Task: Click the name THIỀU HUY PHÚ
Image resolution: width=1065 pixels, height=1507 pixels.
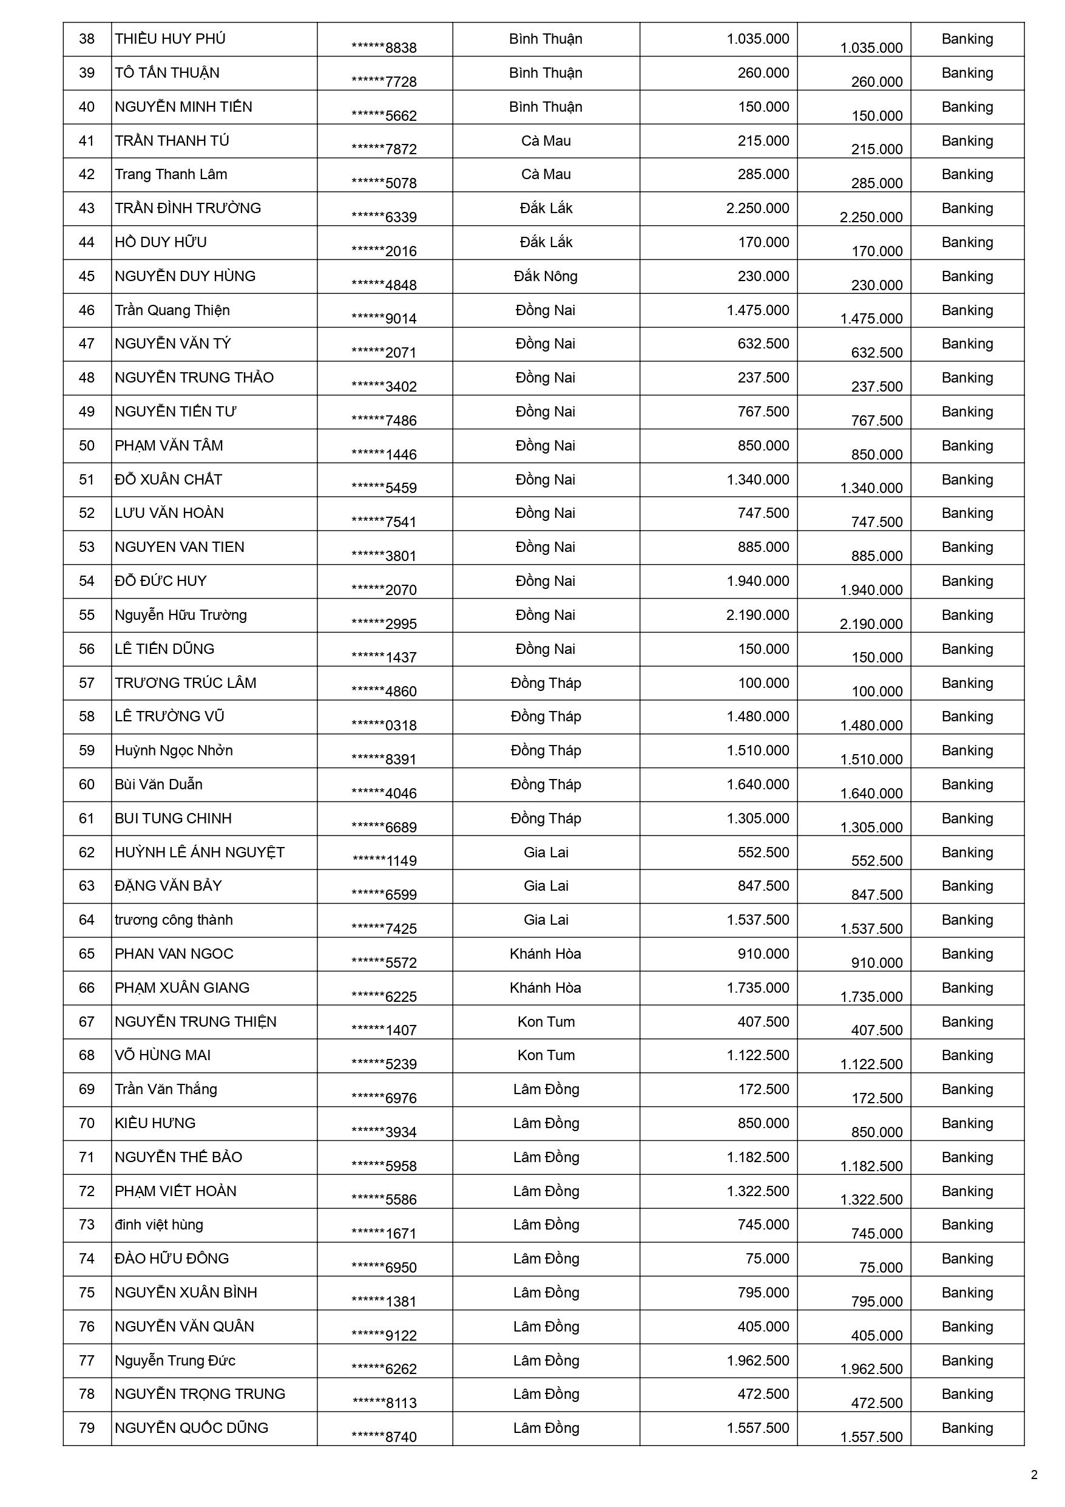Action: (x=170, y=39)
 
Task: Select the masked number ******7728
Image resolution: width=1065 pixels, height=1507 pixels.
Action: (x=384, y=82)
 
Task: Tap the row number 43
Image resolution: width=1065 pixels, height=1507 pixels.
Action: (x=87, y=209)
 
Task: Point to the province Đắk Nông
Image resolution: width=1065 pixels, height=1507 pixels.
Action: (x=546, y=276)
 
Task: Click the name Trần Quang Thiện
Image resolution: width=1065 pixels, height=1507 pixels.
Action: (x=172, y=310)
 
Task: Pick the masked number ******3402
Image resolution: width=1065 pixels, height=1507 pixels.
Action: (x=384, y=387)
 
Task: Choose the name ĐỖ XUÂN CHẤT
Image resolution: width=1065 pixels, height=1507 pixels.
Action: (x=168, y=480)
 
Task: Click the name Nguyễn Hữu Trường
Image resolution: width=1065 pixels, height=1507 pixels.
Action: (x=180, y=615)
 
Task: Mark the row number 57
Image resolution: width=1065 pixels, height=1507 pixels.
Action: (x=87, y=683)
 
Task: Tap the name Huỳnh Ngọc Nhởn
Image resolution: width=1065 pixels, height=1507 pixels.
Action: (x=173, y=750)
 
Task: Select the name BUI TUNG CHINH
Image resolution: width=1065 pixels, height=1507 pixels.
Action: (x=173, y=818)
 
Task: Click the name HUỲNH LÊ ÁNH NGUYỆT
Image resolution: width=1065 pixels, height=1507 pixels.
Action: (x=200, y=852)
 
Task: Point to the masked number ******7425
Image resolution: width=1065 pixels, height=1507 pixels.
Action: (x=384, y=929)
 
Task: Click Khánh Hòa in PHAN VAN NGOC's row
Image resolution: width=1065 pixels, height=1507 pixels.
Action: (x=546, y=954)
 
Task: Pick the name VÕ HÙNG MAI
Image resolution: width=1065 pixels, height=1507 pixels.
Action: (x=163, y=1055)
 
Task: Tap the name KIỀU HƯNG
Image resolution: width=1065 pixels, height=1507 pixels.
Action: (x=155, y=1123)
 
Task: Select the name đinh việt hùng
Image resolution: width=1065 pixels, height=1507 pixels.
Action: (x=159, y=1225)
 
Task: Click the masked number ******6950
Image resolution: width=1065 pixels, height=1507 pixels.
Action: (x=384, y=1267)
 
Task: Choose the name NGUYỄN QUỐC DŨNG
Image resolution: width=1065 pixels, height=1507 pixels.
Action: (x=191, y=1427)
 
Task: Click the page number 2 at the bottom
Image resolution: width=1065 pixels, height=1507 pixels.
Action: (x=1034, y=1475)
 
